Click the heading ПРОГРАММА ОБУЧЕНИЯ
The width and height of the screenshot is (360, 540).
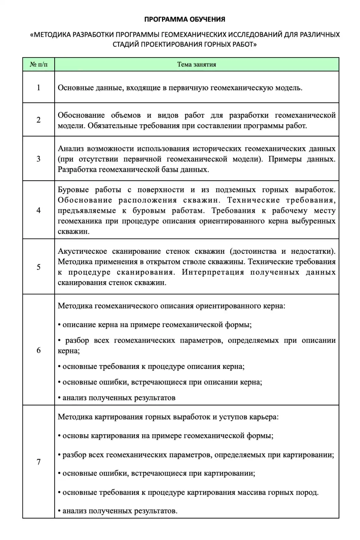[185, 19]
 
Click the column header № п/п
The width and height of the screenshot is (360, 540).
[39, 65]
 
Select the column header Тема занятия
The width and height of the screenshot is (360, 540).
[196, 65]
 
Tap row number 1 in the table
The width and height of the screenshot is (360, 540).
[39, 87]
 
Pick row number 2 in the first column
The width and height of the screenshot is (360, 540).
[39, 120]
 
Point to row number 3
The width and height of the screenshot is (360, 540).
[39, 159]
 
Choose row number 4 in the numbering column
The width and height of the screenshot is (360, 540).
[39, 210]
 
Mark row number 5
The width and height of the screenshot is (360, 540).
[39, 267]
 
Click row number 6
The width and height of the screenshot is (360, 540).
[39, 350]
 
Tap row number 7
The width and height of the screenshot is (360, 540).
[39, 462]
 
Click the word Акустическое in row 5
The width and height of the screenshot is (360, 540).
[81, 251]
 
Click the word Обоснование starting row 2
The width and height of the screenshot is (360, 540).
[81, 115]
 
